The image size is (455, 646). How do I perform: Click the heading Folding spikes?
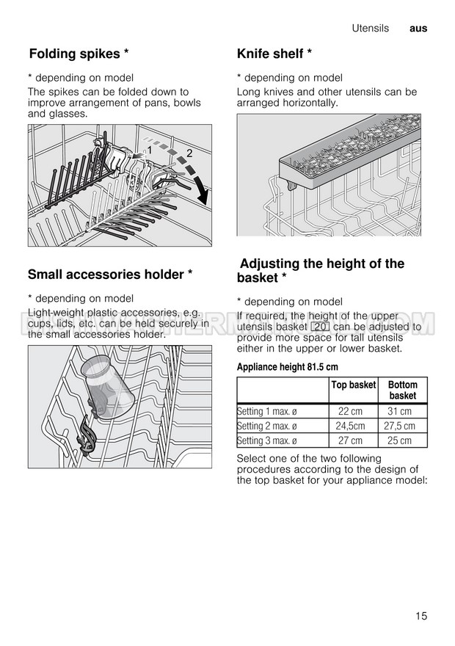coord(79,54)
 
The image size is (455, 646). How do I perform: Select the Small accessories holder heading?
coord(110,274)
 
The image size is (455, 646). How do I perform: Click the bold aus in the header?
coord(418,29)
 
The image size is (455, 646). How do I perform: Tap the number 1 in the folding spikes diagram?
coord(149,150)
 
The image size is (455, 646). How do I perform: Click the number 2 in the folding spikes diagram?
coord(189,153)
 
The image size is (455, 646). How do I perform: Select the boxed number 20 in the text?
coord(319,327)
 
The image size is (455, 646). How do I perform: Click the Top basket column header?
coord(354,385)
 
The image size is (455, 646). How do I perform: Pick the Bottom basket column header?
coord(402,390)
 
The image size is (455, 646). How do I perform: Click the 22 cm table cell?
coord(350,412)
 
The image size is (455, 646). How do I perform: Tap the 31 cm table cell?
coord(399,412)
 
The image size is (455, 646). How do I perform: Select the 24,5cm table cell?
coord(351,426)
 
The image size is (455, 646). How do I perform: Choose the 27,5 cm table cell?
coord(399,426)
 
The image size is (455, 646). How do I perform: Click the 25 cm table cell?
coord(399,440)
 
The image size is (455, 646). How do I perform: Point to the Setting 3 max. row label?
coord(267,440)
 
